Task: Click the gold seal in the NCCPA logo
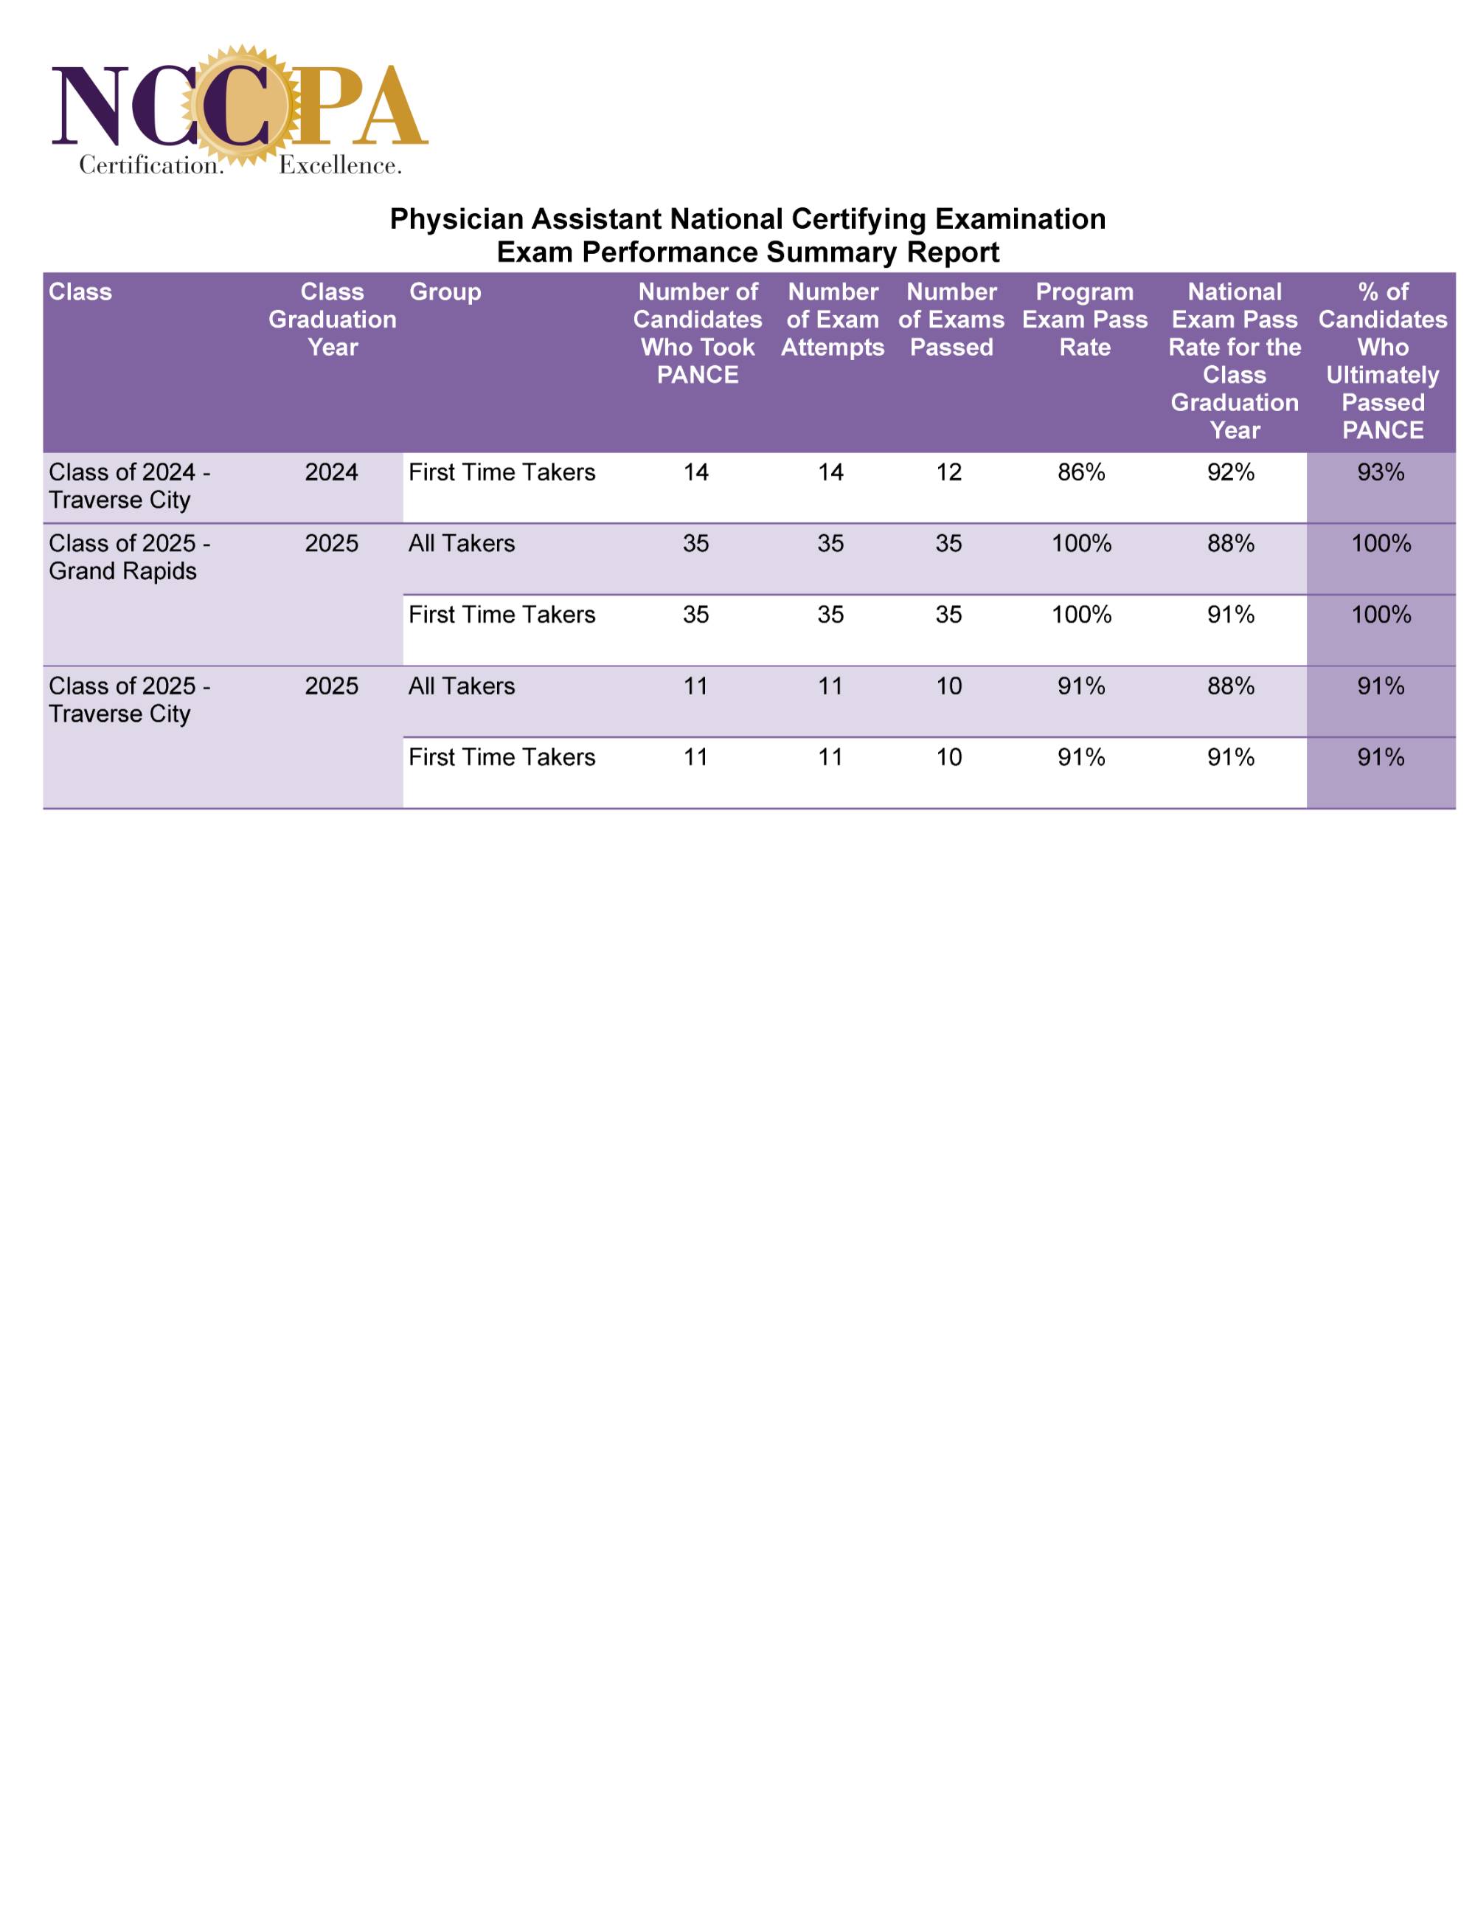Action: click(x=240, y=106)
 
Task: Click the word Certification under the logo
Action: click(x=151, y=165)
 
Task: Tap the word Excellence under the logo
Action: click(x=340, y=165)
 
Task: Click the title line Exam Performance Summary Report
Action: click(x=747, y=252)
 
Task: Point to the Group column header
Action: click(x=445, y=292)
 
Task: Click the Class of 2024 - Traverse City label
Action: click(x=129, y=486)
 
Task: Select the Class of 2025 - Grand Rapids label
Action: click(x=129, y=557)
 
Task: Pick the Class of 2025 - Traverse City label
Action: click(x=129, y=700)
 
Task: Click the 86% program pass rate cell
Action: click(x=1081, y=473)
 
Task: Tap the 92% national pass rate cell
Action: click(x=1230, y=473)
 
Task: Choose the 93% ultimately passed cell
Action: click(x=1381, y=473)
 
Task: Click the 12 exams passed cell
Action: click(x=949, y=473)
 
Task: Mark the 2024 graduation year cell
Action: click(x=331, y=473)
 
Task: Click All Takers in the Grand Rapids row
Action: click(x=462, y=544)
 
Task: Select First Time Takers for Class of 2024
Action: click(x=502, y=473)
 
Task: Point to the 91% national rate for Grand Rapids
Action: click(x=1230, y=615)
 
